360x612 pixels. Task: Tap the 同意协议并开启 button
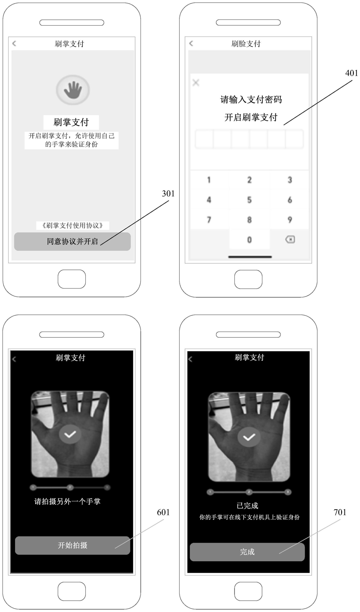pyautogui.click(x=72, y=242)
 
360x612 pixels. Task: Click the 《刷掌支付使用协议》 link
pyautogui.click(x=72, y=225)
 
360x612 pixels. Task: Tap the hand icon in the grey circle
pyautogui.click(x=73, y=89)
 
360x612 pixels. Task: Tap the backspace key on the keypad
pyautogui.click(x=290, y=239)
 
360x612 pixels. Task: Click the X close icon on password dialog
pyautogui.click(x=196, y=83)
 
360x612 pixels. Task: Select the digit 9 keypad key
pyautogui.click(x=290, y=220)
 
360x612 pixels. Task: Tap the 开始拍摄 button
pyautogui.click(x=72, y=545)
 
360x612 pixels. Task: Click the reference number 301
pyautogui.click(x=168, y=193)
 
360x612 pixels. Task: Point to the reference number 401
pyautogui.click(x=351, y=73)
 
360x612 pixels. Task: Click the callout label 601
pyautogui.click(x=163, y=512)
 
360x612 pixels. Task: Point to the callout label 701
pyautogui.click(x=340, y=512)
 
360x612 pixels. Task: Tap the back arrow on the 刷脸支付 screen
pyautogui.click(x=191, y=43)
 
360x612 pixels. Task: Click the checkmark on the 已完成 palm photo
pyautogui.click(x=249, y=437)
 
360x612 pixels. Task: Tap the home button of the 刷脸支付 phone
pyautogui.click(x=248, y=279)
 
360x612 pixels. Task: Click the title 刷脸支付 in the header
pyautogui.click(x=246, y=44)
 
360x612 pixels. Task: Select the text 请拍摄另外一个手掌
pyautogui.click(x=67, y=501)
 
